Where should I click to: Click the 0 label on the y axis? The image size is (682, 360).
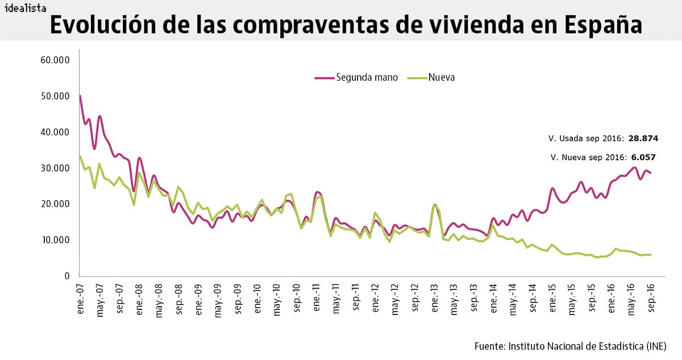click(66, 276)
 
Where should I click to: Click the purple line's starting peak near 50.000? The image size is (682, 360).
click(80, 96)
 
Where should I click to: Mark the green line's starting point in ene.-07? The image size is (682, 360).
click(80, 156)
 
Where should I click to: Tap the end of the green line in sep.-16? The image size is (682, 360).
click(651, 255)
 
